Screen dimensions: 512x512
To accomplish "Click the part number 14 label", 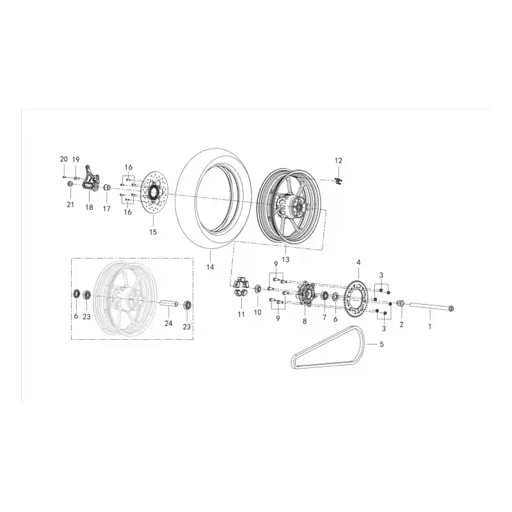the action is [210, 267].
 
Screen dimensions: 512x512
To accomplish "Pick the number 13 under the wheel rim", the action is [285, 260].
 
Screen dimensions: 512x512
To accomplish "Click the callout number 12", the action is [339, 161].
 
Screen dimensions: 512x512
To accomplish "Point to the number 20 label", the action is [63, 159].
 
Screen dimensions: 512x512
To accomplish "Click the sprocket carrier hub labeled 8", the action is [306, 294].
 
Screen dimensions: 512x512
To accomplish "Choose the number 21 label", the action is [70, 205].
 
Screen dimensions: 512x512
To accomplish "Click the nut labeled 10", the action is [258, 289].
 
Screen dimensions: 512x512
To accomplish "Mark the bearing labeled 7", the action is [324, 296].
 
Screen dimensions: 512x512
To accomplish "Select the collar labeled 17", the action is [107, 188].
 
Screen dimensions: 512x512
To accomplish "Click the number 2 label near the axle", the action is [402, 324].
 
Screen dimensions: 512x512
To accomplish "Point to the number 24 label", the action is [168, 323].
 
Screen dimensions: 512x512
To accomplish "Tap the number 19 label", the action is [76, 159].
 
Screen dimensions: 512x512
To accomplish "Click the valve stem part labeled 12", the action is [339, 181].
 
